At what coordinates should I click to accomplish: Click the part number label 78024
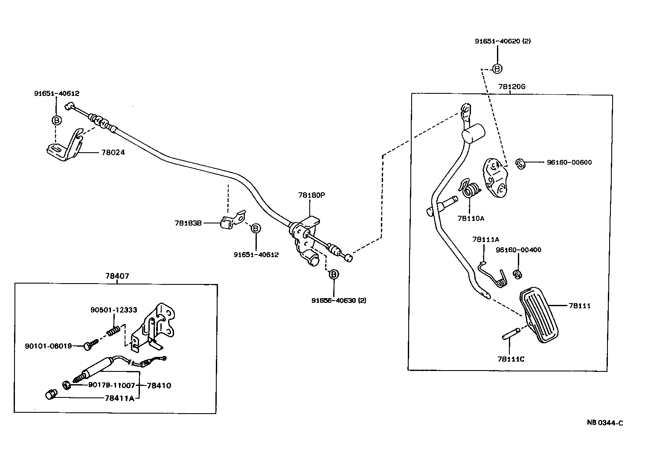tap(113, 152)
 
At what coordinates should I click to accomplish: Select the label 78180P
tap(311, 195)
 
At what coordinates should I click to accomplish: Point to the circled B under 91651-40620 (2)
tap(497, 68)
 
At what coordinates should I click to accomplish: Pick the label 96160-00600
tap(569, 162)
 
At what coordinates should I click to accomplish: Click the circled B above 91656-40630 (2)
tap(334, 274)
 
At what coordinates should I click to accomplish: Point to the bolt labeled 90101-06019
tap(88, 346)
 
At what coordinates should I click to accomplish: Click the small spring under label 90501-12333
tap(112, 330)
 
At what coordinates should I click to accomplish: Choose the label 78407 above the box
tap(117, 276)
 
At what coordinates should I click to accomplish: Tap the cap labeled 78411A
tap(51, 395)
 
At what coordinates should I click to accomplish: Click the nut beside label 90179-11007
tap(67, 385)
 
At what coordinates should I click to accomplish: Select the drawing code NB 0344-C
tap(604, 423)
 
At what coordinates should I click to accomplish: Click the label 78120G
tap(511, 87)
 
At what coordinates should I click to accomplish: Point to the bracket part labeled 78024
tap(64, 147)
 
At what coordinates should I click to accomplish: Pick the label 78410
tap(159, 385)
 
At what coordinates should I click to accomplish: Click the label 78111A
tap(485, 240)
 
